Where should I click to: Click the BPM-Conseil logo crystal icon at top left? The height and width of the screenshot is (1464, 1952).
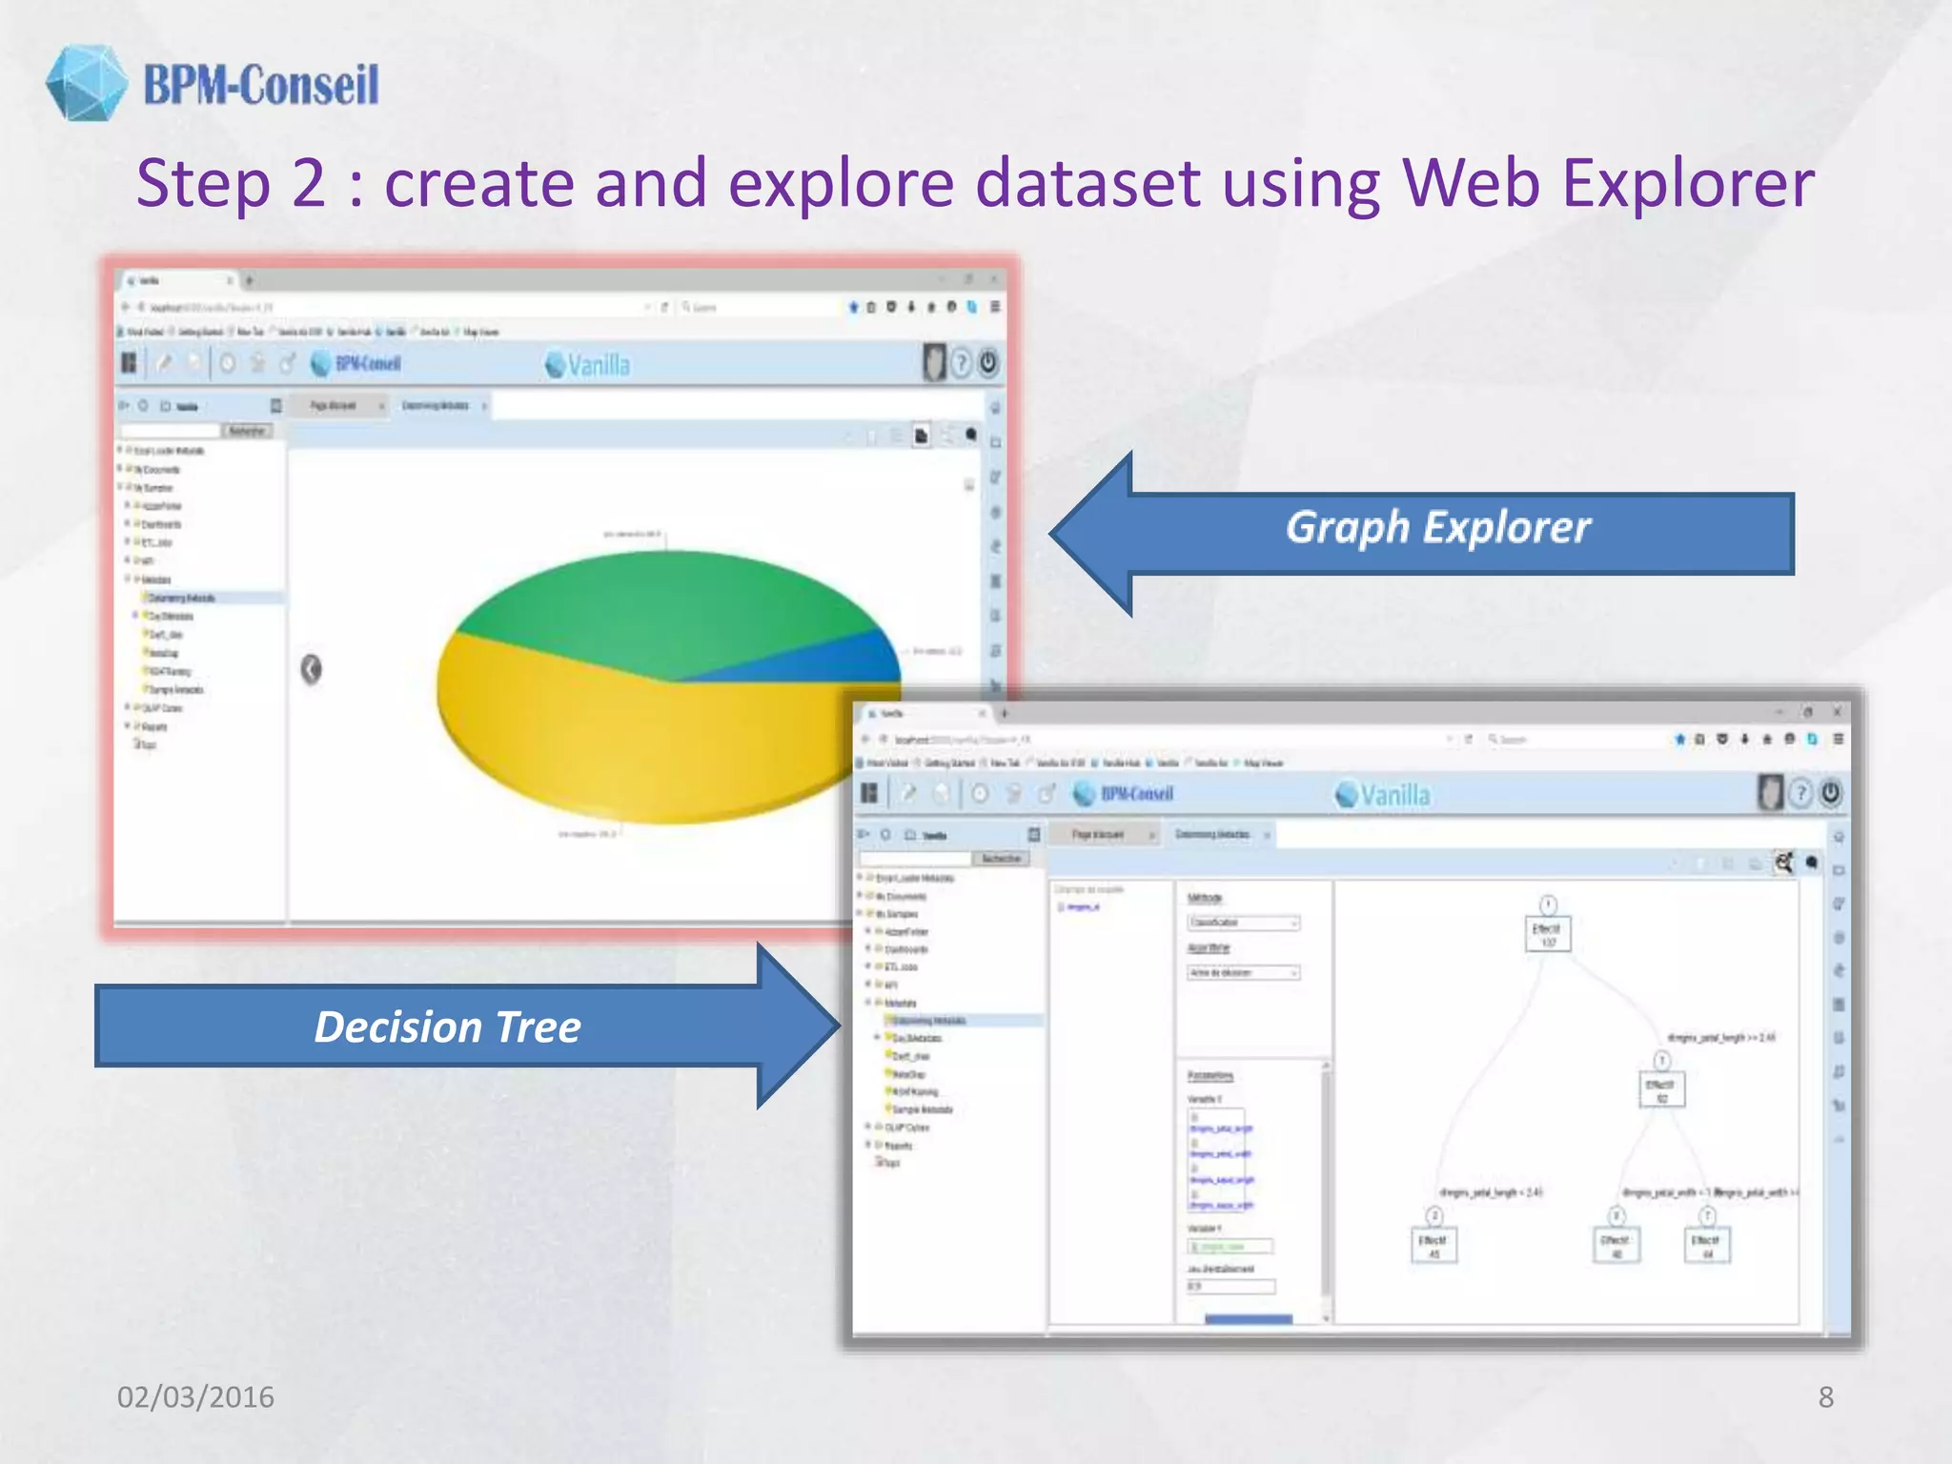(x=86, y=83)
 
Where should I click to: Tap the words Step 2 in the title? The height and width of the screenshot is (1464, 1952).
(x=232, y=183)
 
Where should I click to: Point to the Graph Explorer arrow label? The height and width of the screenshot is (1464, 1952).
(x=1437, y=528)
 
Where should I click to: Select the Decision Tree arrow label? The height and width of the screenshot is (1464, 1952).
(x=447, y=1027)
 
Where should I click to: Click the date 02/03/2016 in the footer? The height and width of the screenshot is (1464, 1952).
(x=195, y=1397)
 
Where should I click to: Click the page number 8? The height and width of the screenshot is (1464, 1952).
(x=1825, y=1397)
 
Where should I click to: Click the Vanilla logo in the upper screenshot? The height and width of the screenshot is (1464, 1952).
(x=588, y=365)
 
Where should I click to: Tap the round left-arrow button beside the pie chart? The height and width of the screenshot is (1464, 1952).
(x=311, y=669)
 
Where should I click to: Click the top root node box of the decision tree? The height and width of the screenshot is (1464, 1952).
(x=1548, y=934)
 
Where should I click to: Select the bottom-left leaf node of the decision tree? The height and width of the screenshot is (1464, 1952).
(x=1433, y=1246)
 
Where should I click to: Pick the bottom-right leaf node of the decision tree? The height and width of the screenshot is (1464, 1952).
(x=1706, y=1246)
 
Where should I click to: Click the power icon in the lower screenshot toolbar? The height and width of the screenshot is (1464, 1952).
(x=1831, y=793)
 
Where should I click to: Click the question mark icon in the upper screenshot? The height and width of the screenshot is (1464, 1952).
(x=961, y=363)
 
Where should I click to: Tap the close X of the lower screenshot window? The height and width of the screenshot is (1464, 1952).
(x=1837, y=712)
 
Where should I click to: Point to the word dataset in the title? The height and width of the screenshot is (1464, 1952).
(x=1087, y=183)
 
